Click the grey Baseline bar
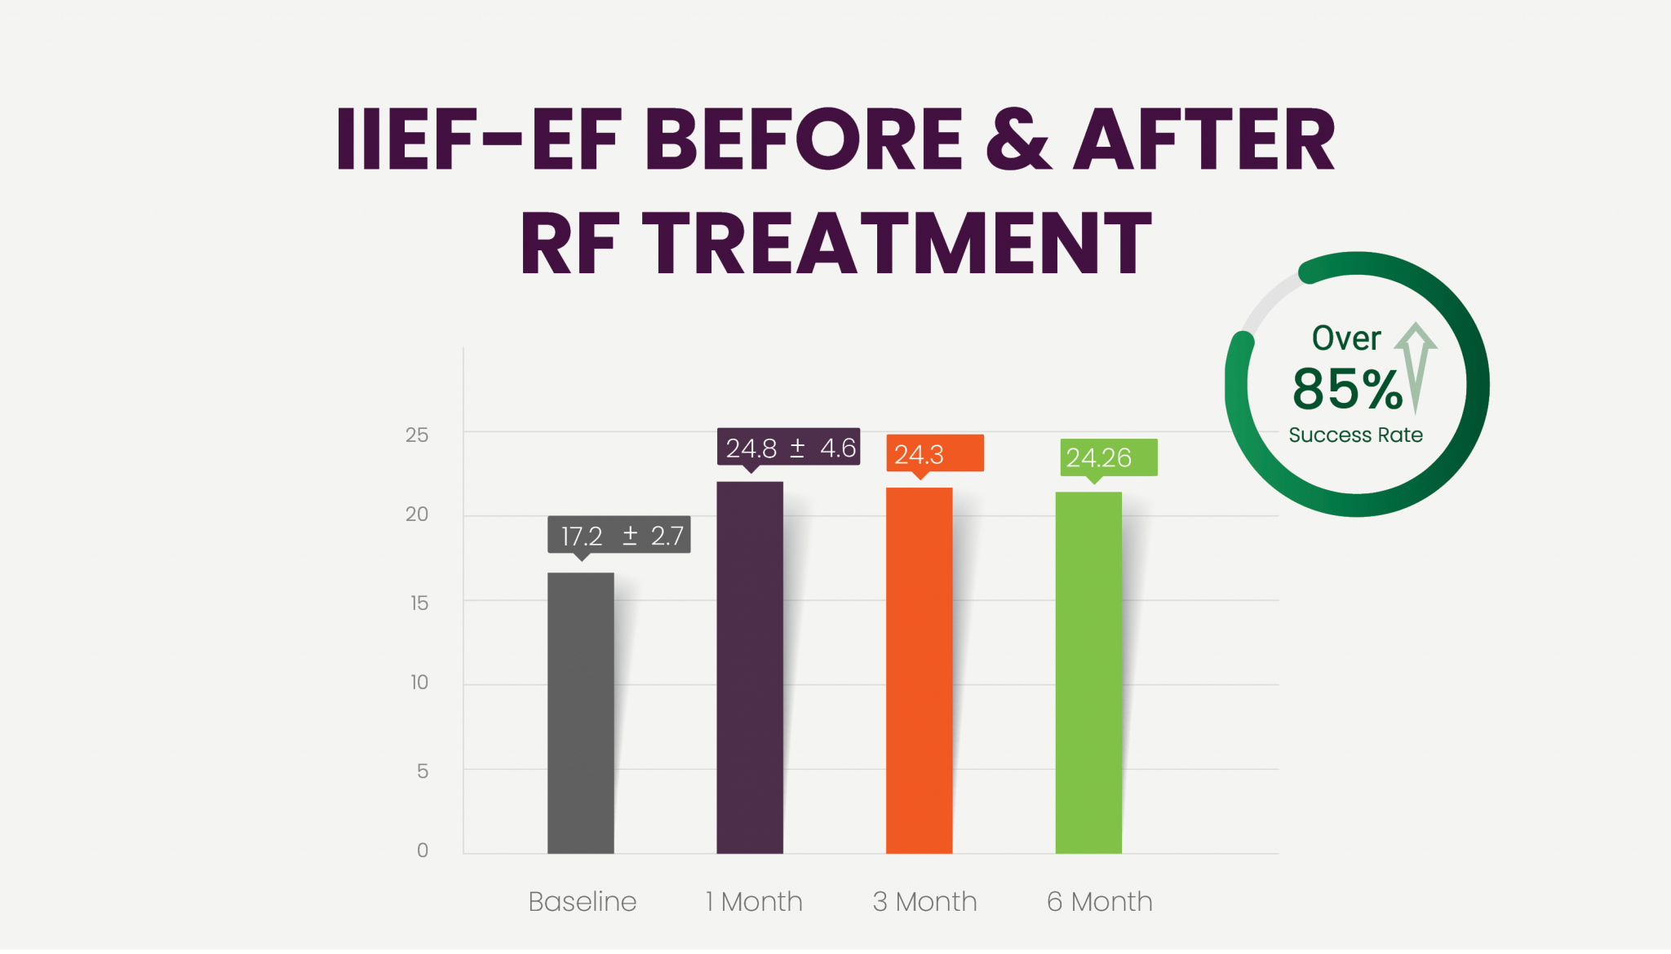(x=580, y=713)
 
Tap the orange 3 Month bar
(x=919, y=670)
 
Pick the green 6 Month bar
(x=1088, y=673)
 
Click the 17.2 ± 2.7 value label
(x=619, y=535)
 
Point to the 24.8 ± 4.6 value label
(x=788, y=447)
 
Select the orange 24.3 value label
(x=935, y=453)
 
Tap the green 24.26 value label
(x=1108, y=457)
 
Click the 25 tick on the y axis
(x=417, y=435)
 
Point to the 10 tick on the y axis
(x=419, y=682)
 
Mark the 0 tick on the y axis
(x=423, y=850)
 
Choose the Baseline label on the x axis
(x=582, y=901)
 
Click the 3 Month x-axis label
(x=924, y=901)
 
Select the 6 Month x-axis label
(x=1099, y=901)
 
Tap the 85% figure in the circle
(x=1347, y=389)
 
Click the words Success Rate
(x=1355, y=435)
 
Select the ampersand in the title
(x=1018, y=139)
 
